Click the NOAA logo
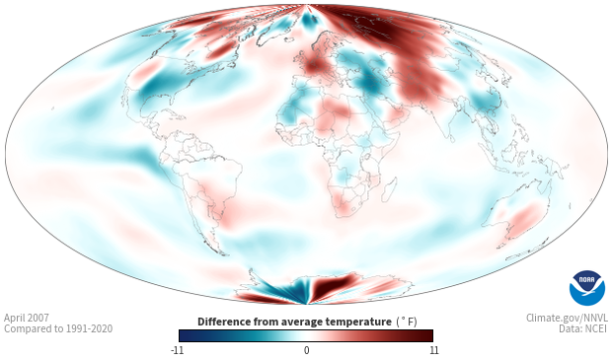[587, 288]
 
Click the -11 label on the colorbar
[177, 350]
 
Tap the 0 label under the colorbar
[306, 350]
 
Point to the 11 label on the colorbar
[434, 350]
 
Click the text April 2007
[27, 318]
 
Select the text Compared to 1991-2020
[58, 328]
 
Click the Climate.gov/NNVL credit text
[567, 318]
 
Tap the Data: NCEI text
[583, 328]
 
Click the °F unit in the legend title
[407, 323]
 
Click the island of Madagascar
[389, 189]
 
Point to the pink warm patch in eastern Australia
[525, 220]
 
